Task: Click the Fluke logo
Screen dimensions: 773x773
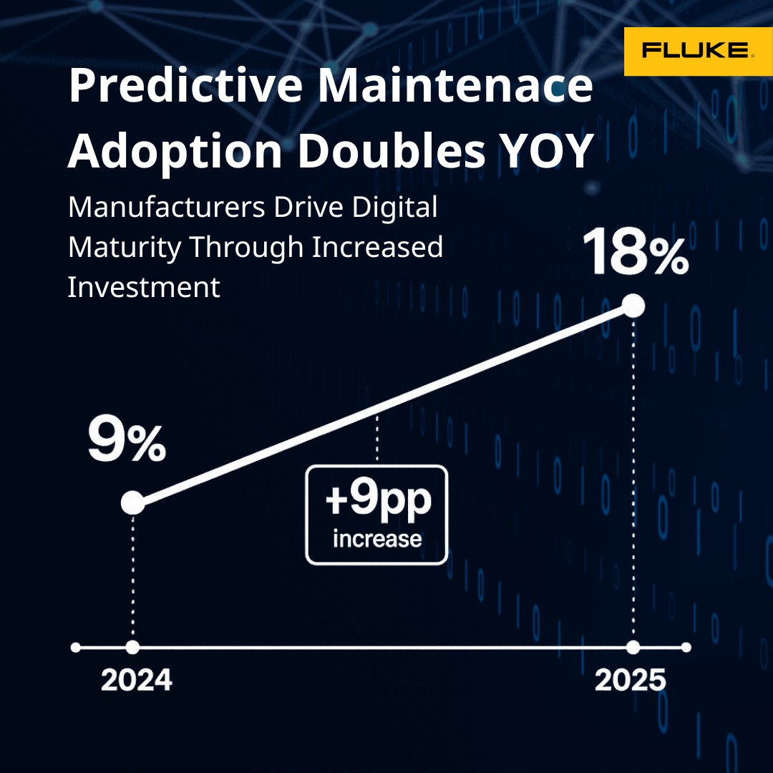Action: click(698, 52)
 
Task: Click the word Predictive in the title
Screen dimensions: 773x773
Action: click(185, 85)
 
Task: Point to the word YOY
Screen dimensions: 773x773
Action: click(546, 150)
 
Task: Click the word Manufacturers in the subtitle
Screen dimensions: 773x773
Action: click(167, 207)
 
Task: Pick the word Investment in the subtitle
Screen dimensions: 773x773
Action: click(143, 287)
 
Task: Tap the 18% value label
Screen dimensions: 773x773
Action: click(636, 251)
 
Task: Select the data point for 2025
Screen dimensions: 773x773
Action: click(633, 306)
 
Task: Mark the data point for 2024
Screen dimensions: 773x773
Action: click(133, 503)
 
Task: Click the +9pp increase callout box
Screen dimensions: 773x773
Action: click(376, 515)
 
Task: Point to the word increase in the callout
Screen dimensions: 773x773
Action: click(377, 539)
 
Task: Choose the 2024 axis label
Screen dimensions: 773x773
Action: click(137, 681)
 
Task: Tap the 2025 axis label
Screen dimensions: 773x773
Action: click(631, 681)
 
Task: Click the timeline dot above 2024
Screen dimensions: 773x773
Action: click(132, 647)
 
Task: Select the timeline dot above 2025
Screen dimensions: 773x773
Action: click(633, 647)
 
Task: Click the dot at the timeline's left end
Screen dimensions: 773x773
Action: click(75, 647)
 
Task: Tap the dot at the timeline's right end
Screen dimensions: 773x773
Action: click(686, 647)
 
